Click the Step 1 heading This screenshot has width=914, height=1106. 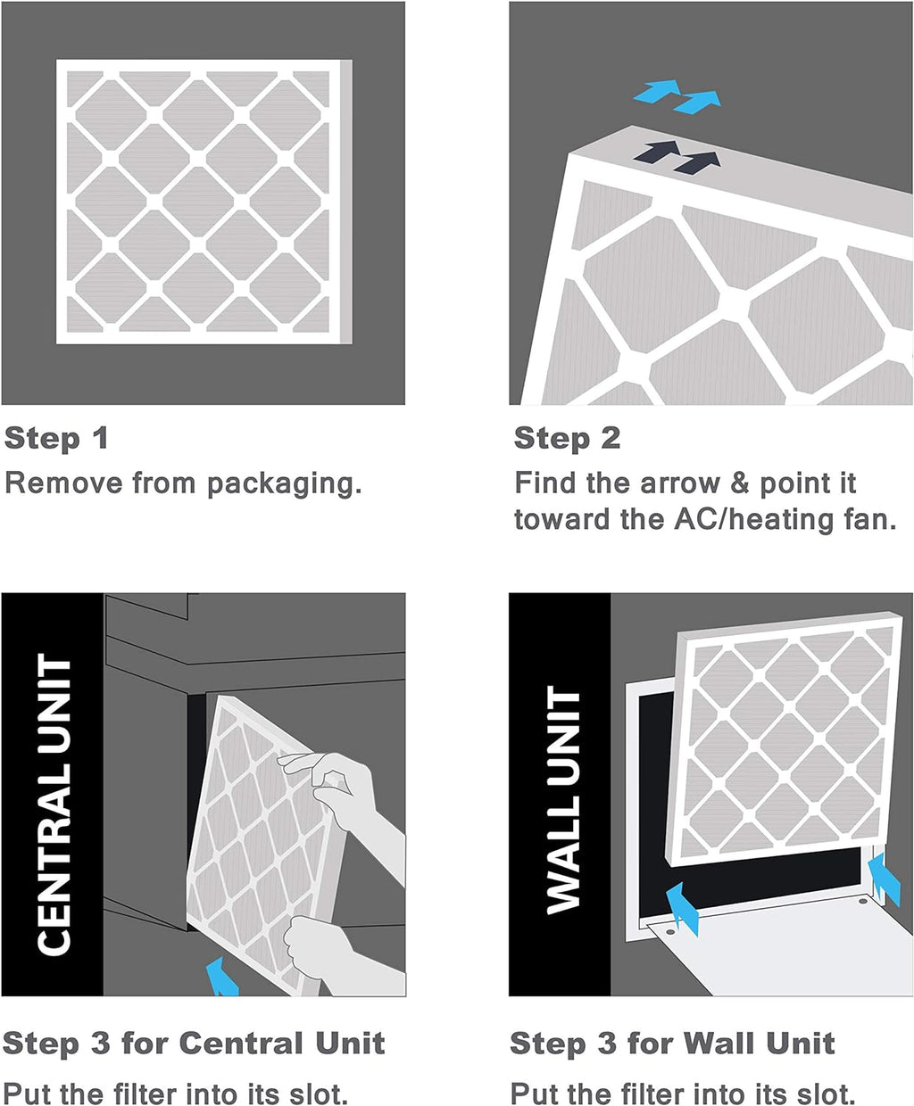56,438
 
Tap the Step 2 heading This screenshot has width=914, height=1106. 567,438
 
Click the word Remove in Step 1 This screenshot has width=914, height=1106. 63,483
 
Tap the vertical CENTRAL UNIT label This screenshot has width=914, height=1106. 53,803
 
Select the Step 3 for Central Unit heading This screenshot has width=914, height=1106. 194,1043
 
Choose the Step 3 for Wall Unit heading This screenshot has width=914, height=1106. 672,1043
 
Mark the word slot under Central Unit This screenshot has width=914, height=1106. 316,1093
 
